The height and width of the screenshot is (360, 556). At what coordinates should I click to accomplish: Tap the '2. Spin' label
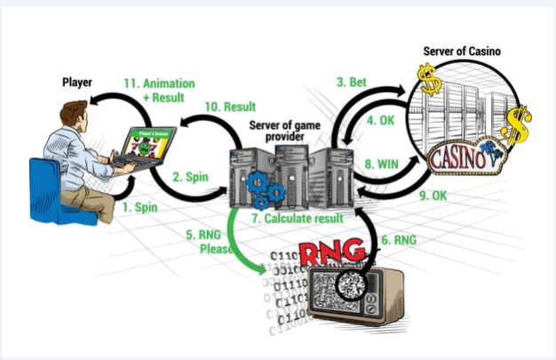(190, 177)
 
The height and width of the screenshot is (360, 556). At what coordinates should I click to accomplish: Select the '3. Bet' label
(352, 82)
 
